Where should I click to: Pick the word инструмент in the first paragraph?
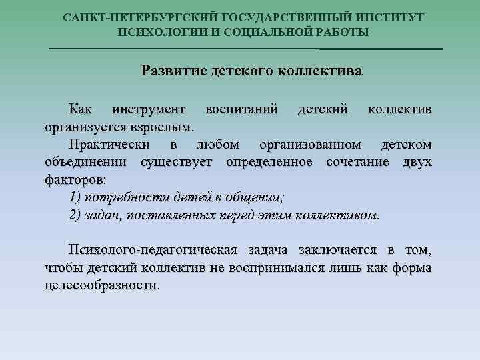[150, 109]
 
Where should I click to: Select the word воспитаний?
[242, 109]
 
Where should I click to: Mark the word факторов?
[75, 180]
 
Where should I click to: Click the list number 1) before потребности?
[75, 197]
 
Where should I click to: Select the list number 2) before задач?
[75, 215]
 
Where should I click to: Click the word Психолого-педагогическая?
[153, 250]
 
